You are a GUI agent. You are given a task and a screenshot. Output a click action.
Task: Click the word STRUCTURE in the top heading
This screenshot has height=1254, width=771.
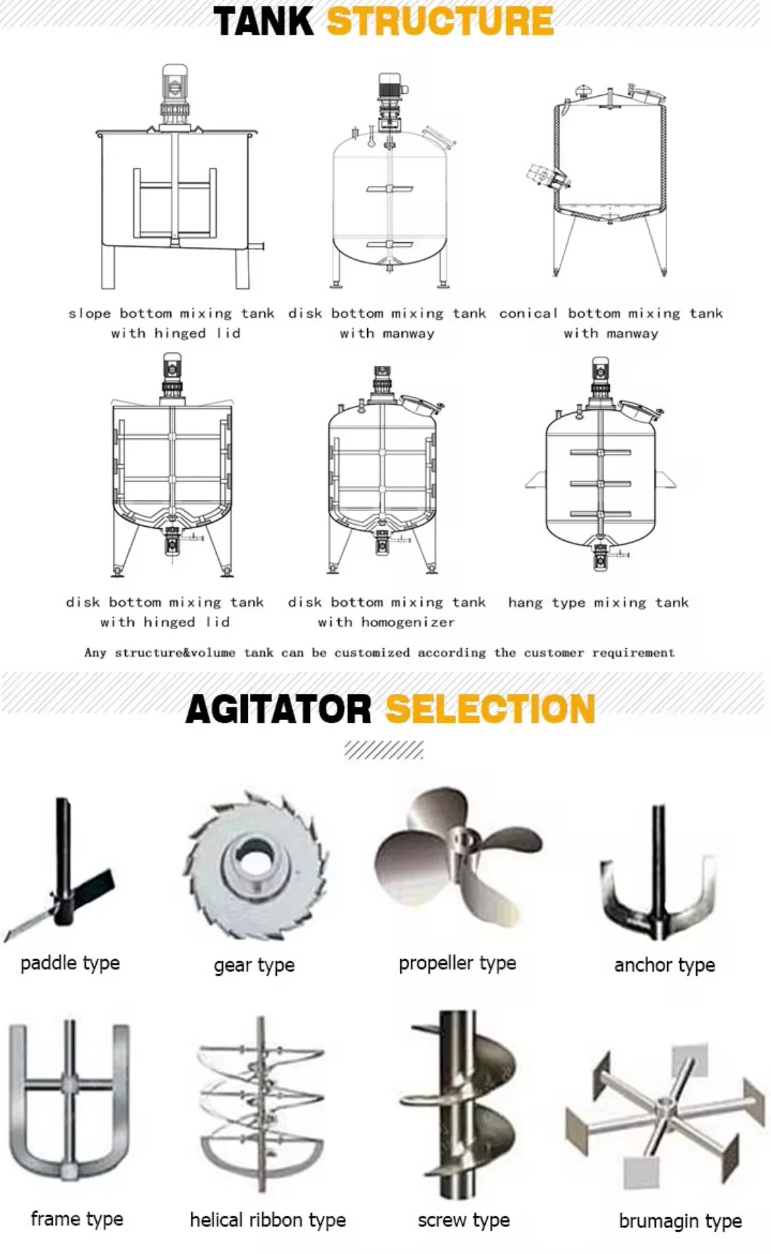pyautogui.click(x=440, y=21)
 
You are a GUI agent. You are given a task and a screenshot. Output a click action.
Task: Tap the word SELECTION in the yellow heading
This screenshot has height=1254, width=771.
pyautogui.click(x=490, y=709)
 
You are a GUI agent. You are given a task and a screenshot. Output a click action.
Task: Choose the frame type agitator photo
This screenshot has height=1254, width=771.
pyautogui.click(x=69, y=1101)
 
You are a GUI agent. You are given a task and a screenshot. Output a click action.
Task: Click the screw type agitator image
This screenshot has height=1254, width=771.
pyautogui.click(x=462, y=1105)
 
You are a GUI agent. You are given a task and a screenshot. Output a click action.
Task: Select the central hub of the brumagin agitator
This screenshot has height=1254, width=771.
pyautogui.click(x=664, y=1106)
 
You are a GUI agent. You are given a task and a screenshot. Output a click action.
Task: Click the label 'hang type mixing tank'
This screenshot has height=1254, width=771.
pyautogui.click(x=598, y=602)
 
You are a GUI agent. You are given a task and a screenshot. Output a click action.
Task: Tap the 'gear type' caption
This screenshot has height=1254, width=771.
pyautogui.click(x=254, y=965)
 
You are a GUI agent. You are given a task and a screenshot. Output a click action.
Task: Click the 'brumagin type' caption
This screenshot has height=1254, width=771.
pyautogui.click(x=680, y=1221)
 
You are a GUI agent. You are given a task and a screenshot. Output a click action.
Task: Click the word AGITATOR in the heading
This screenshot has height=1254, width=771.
pyautogui.click(x=278, y=709)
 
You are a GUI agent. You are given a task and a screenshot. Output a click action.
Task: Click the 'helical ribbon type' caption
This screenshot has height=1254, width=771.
pyautogui.click(x=268, y=1220)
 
